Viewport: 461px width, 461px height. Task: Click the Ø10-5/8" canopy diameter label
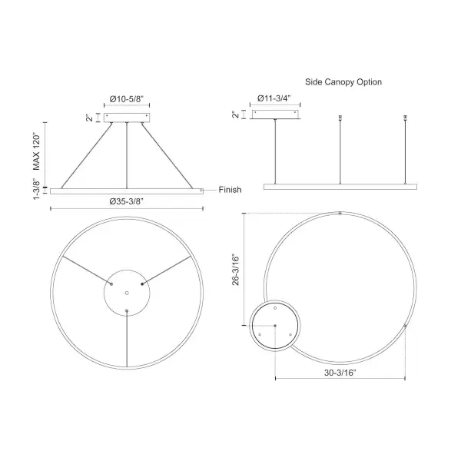[x=128, y=99]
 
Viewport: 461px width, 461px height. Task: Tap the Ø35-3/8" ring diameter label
[x=127, y=201]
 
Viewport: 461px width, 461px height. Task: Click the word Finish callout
[x=231, y=190]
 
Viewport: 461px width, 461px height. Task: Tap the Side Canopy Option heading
[x=343, y=81]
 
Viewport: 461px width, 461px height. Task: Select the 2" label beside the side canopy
[x=236, y=114]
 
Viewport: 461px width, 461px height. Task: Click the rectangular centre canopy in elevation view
[x=128, y=117]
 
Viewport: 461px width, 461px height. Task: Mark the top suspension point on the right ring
[x=340, y=212]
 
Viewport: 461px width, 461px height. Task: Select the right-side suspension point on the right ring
[x=405, y=327]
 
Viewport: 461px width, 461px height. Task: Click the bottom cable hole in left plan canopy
[x=127, y=310]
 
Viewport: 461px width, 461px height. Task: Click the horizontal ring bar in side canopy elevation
[x=340, y=186]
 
